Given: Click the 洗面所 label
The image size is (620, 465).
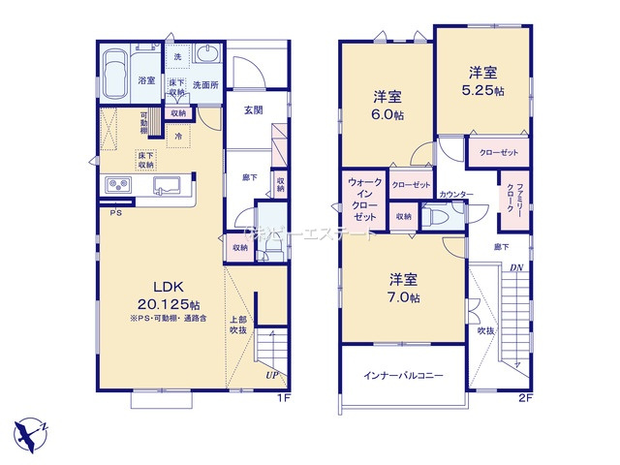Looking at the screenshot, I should point(204,85).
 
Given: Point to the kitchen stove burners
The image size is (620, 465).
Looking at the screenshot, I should point(116,184).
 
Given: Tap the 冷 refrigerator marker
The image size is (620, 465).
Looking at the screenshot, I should point(179,137).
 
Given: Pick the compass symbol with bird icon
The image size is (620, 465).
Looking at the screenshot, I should point(34,429).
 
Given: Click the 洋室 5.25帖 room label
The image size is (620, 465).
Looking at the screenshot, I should point(483,79).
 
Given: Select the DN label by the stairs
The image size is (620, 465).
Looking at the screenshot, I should point(518,268).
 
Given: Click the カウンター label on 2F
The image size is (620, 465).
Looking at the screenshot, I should point(455,195).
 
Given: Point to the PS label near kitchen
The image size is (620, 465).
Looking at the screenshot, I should point(114,212).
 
